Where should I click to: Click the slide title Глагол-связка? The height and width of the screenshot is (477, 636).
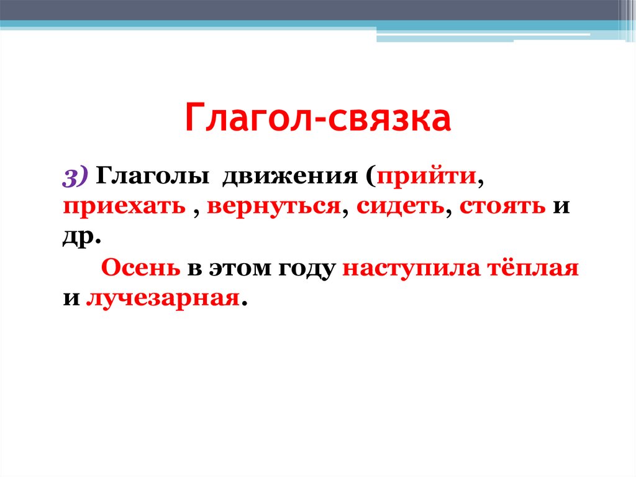pyautogui.click(x=317, y=119)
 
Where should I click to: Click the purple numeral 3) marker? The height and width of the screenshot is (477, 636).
pyautogui.click(x=76, y=177)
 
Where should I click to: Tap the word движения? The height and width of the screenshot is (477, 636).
pyautogui.click(x=288, y=177)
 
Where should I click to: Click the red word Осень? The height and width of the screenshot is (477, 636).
pyautogui.click(x=141, y=269)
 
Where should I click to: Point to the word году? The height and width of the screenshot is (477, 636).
pyautogui.click(x=301, y=269)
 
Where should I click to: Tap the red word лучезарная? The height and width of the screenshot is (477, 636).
pyautogui.click(x=163, y=299)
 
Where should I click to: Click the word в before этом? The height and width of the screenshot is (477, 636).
pyautogui.click(x=194, y=270)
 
